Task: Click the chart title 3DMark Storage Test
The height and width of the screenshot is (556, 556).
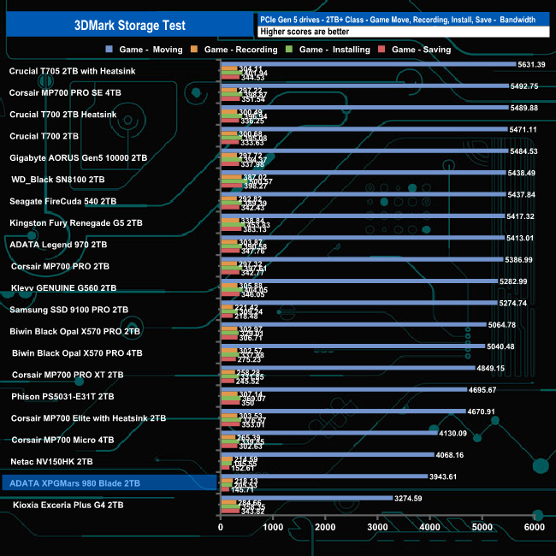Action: click(127, 25)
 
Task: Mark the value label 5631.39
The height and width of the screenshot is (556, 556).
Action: click(531, 64)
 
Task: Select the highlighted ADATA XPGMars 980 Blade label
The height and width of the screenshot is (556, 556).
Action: click(73, 483)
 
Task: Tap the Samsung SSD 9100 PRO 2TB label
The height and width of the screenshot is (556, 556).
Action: click(68, 310)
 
